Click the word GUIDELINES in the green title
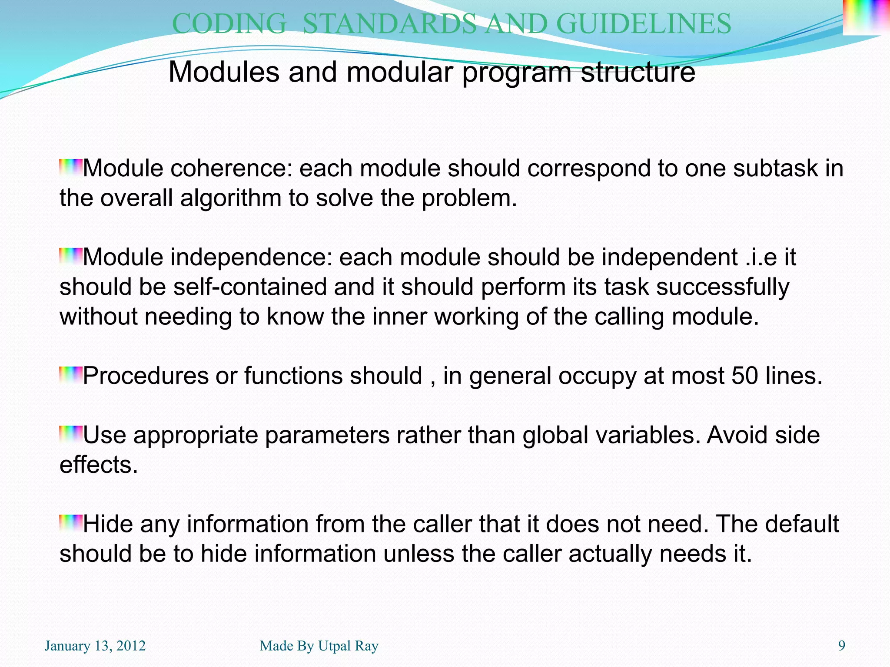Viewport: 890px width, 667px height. [644, 24]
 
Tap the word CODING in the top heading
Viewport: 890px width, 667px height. [229, 24]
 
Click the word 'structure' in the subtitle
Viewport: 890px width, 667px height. [638, 72]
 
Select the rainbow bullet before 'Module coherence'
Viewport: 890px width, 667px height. [70, 167]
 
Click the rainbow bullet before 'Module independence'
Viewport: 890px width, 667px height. [70, 256]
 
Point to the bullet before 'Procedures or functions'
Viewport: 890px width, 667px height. [70, 375]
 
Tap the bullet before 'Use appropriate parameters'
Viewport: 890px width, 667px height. [70, 434]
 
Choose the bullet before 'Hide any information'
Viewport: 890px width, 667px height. [70, 523]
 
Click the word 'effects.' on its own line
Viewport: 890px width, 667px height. [99, 465]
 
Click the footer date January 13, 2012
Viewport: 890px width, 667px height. [95, 646]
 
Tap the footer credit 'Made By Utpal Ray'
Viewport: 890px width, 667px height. [319, 646]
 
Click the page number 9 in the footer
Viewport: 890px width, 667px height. [841, 646]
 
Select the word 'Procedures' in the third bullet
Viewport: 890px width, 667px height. [146, 376]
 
